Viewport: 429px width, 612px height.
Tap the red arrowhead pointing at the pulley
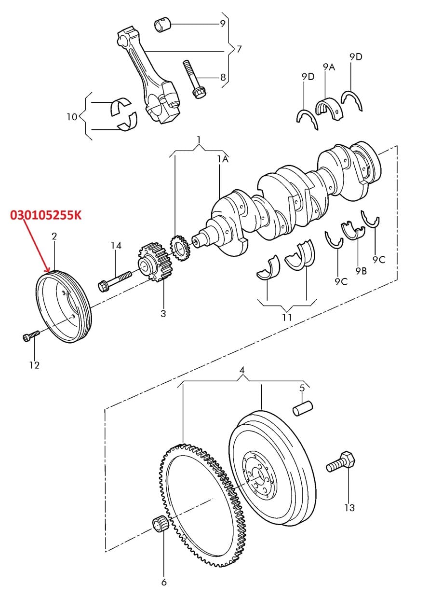pyautogui.click(x=48, y=270)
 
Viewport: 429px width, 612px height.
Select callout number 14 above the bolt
pyautogui.click(x=116, y=245)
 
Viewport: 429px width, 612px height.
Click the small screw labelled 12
pyautogui.click(x=30, y=336)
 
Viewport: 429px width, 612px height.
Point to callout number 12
pyautogui.click(x=34, y=365)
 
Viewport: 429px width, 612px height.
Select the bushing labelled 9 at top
pyautogui.click(x=162, y=25)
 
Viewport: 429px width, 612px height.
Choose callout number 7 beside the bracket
pyautogui.click(x=239, y=49)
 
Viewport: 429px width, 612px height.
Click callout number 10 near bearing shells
pyautogui.click(x=72, y=117)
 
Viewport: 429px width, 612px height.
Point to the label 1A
pyautogui.click(x=223, y=159)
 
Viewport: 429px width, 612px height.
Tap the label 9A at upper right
pyautogui.click(x=329, y=67)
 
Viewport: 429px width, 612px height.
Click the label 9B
pyautogui.click(x=361, y=271)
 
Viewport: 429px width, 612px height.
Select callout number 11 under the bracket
pyautogui.click(x=287, y=317)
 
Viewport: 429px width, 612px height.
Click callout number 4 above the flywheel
pyautogui.click(x=242, y=370)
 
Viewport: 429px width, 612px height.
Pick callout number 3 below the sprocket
pyautogui.click(x=163, y=313)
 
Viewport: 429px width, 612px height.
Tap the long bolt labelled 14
pyautogui.click(x=115, y=280)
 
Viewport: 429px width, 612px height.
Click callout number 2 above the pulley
pyautogui.click(x=54, y=236)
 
